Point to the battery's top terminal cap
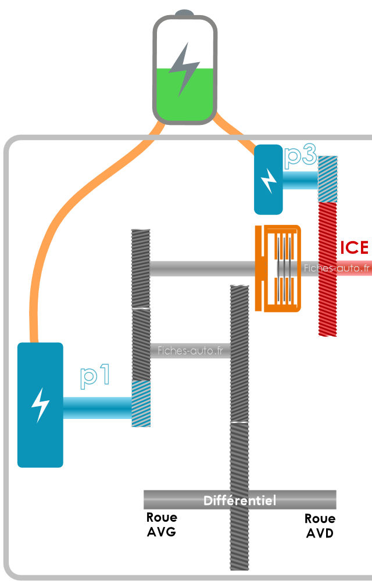pyautogui.click(x=184, y=13)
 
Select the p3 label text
pyautogui.click(x=301, y=157)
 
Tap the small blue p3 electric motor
pyautogui.click(x=269, y=179)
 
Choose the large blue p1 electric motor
pyautogui.click(x=40, y=404)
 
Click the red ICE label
pyautogui.click(x=355, y=248)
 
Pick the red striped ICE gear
pyautogui.click(x=328, y=267)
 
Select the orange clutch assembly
pyautogui.click(x=278, y=268)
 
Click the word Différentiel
pyautogui.click(x=239, y=500)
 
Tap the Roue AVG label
pyautogui.click(x=162, y=524)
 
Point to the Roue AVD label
pyautogui.click(x=320, y=525)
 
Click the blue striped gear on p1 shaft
pyautogui.click(x=141, y=403)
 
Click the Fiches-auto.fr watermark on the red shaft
pyautogui.click(x=337, y=268)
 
